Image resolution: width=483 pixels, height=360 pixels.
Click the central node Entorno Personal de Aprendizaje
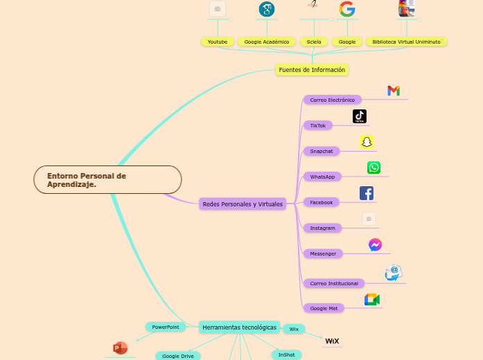[x=107, y=180]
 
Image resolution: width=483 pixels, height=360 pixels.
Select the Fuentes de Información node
[x=312, y=69]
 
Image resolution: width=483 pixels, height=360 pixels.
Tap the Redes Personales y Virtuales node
[x=243, y=204]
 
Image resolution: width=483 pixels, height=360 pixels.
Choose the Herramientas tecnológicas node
[x=239, y=327]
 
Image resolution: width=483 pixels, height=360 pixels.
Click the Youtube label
[x=218, y=42]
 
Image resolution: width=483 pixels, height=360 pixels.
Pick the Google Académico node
[x=267, y=42]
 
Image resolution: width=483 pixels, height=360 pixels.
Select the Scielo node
[x=314, y=42]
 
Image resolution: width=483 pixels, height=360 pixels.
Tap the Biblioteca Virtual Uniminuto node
[x=406, y=42]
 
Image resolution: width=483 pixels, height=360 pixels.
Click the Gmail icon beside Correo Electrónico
[x=394, y=91]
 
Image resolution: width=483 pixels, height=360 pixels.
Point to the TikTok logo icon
[x=359, y=116]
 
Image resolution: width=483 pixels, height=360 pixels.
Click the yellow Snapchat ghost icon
[x=367, y=142]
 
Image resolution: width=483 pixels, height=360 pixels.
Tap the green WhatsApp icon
[x=374, y=168]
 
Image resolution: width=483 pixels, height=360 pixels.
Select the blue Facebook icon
[x=367, y=193]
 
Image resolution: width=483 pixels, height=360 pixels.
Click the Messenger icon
[x=375, y=244]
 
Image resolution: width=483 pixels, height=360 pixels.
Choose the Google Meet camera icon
[x=372, y=299]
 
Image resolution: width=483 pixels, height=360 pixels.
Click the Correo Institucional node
[x=334, y=283]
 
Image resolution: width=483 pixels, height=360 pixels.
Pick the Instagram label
[x=322, y=228]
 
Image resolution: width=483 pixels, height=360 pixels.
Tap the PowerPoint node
[x=166, y=327]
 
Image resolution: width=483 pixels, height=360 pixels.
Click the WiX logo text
[x=333, y=341]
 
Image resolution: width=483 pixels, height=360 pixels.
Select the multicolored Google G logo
[x=347, y=9]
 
